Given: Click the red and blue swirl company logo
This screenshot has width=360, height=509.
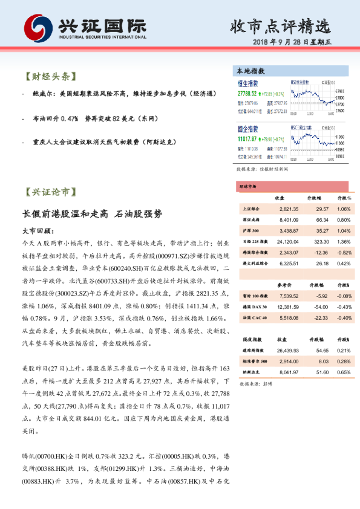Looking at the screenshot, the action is point(38,28).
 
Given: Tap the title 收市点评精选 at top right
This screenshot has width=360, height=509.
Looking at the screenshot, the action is point(281,26).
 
